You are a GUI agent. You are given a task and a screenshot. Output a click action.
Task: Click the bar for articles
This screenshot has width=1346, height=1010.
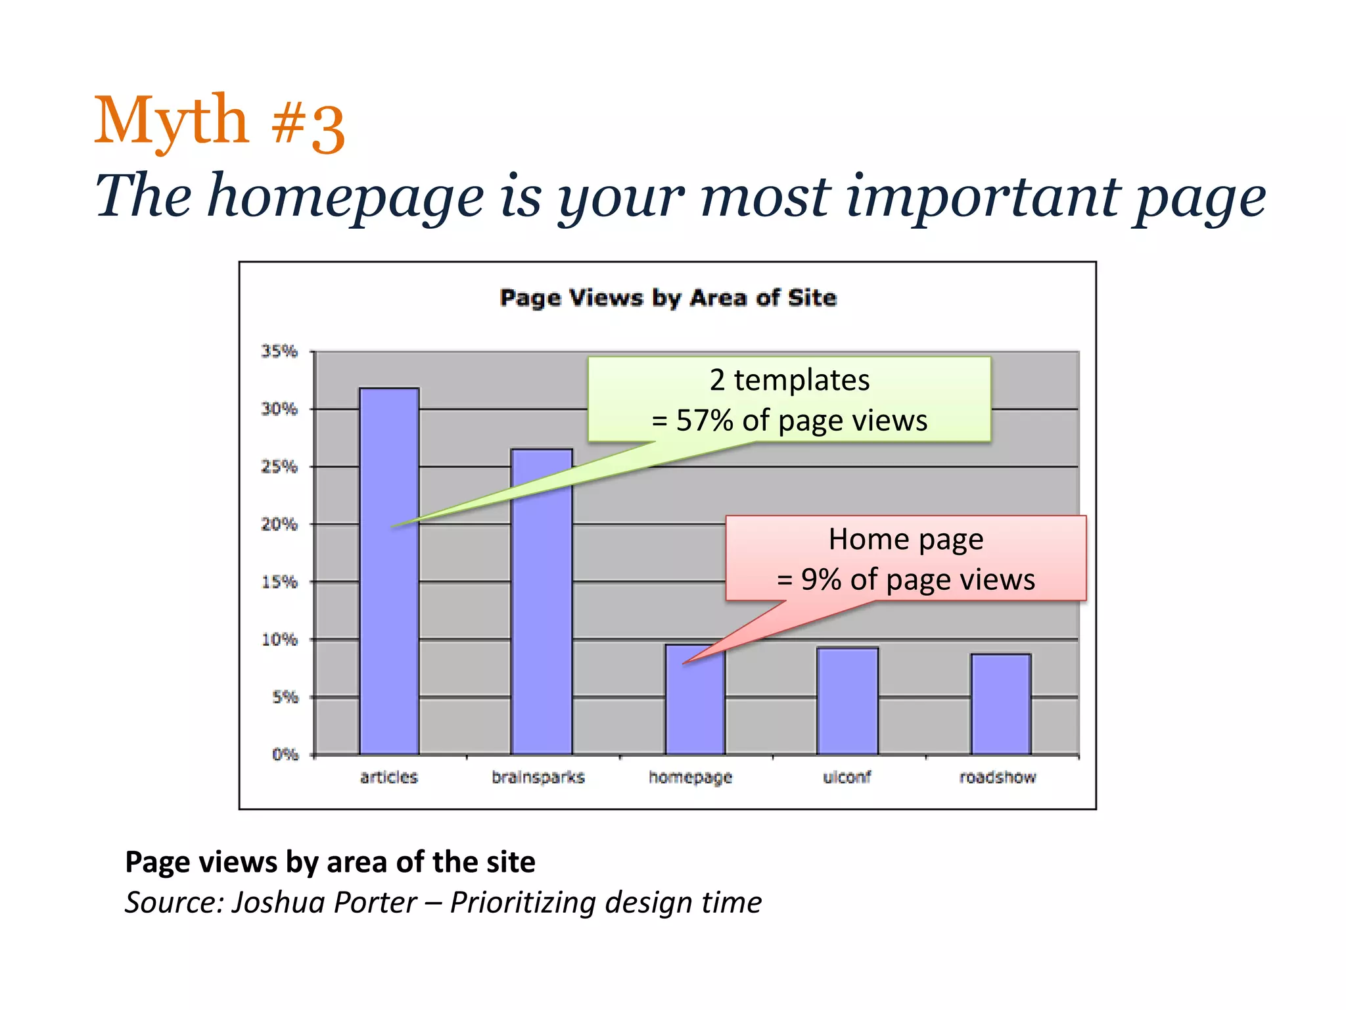(x=388, y=592)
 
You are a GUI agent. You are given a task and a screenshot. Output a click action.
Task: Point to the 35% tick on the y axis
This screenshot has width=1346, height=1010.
(x=279, y=351)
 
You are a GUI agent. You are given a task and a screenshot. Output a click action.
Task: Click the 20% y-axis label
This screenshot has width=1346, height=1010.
(x=279, y=524)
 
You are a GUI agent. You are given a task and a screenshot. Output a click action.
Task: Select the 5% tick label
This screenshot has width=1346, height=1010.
(x=285, y=697)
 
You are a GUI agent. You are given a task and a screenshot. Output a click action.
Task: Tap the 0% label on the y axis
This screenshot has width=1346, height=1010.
(x=285, y=754)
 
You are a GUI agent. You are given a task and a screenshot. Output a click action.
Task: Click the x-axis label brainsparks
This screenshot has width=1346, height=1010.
(x=538, y=777)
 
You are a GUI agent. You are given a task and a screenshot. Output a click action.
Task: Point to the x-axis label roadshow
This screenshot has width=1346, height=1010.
(x=997, y=777)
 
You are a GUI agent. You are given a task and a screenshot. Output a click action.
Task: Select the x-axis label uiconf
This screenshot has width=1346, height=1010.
(x=847, y=777)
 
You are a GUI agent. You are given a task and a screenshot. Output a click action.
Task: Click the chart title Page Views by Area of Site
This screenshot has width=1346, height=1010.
(x=668, y=298)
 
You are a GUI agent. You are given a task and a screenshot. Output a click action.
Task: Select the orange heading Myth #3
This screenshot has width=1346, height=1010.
(x=220, y=122)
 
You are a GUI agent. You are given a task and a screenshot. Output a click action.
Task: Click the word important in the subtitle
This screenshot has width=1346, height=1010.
(x=982, y=197)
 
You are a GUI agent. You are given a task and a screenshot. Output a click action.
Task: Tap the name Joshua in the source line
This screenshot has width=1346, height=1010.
(x=279, y=902)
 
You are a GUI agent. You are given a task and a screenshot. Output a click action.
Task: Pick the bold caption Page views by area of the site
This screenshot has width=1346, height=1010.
(x=330, y=862)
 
